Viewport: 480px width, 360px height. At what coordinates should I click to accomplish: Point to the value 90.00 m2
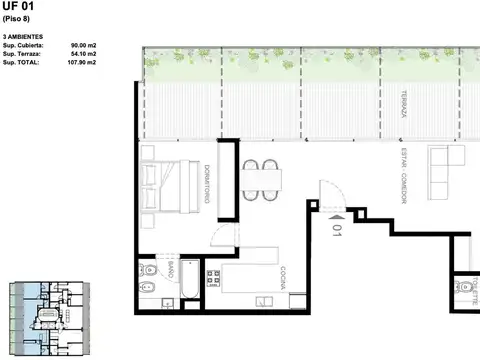click(83, 46)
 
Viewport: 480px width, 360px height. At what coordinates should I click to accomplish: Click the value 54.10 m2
click(83, 54)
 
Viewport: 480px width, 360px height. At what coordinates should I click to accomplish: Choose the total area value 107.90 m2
click(81, 62)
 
